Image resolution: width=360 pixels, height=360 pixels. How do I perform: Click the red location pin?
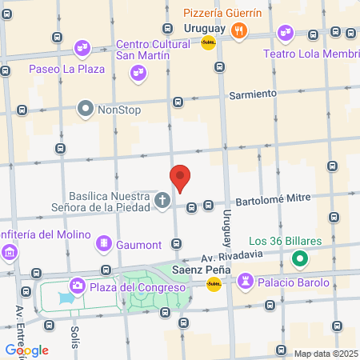tap(181, 178)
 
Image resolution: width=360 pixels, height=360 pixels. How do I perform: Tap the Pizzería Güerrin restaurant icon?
tap(238, 31)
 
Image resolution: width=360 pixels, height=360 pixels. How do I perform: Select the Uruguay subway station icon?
tap(208, 42)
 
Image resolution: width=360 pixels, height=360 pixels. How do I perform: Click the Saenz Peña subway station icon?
tap(214, 283)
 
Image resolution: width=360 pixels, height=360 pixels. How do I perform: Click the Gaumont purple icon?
tap(104, 243)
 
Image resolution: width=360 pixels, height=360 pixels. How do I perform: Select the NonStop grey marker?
tap(86, 108)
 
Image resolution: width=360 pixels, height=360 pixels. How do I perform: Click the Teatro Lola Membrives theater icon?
tap(285, 33)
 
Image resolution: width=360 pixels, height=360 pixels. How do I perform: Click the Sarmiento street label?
tap(253, 94)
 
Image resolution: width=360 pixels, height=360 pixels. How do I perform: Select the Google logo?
tap(26, 350)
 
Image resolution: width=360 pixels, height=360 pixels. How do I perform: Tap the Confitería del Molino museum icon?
tap(9, 253)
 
